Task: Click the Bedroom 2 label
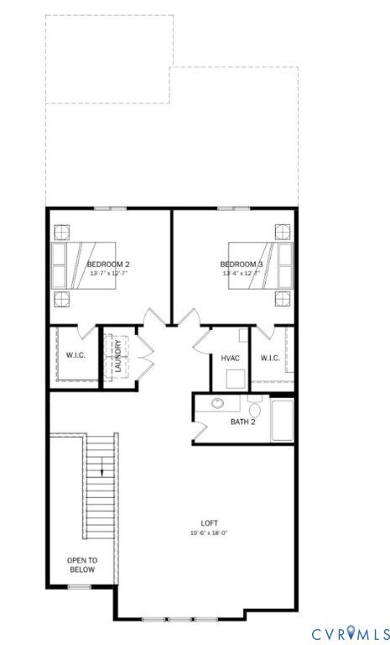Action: point(108,264)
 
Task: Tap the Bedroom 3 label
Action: point(242,264)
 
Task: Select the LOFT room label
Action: point(209,523)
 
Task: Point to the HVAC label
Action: point(230,359)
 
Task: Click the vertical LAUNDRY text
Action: point(118,356)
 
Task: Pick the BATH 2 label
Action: point(243,422)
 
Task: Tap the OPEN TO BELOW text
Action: point(82,564)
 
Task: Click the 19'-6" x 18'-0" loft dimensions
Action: point(209,532)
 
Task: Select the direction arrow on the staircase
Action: point(101,468)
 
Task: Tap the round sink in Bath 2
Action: point(217,403)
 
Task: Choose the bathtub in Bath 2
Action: point(283,420)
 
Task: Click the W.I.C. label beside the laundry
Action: point(75,355)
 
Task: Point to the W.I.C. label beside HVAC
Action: point(270,359)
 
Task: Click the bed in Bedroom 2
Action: point(83,265)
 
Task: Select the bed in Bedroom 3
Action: point(261,265)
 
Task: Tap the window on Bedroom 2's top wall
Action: point(110,209)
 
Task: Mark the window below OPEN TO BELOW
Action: point(80,586)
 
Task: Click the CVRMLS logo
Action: point(349,632)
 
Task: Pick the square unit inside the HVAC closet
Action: point(236,380)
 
